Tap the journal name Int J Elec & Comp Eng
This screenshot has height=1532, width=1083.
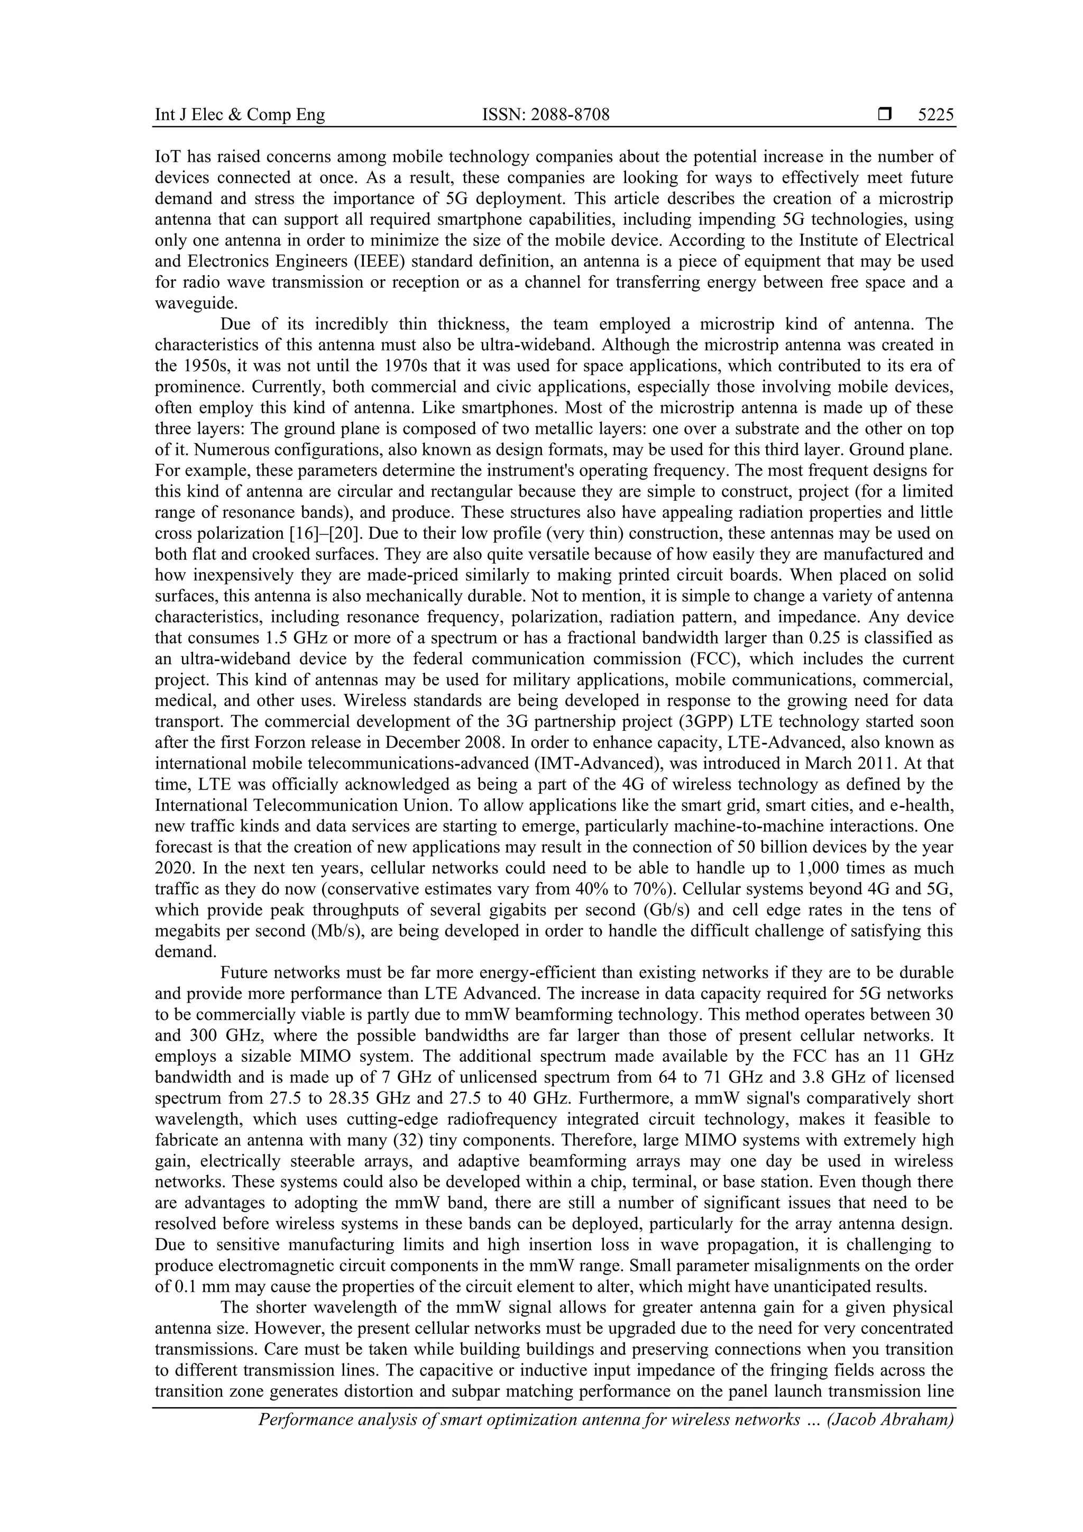[240, 115]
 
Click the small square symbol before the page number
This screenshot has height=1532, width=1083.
[885, 115]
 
